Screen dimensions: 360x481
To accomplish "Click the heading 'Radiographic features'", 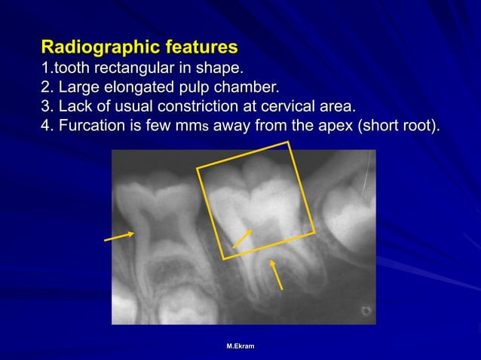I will [x=139, y=47].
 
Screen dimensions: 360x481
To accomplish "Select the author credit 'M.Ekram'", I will [x=240, y=346].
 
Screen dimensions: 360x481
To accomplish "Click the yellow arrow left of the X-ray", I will [x=119, y=237].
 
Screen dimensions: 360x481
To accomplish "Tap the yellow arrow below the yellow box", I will [x=277, y=274].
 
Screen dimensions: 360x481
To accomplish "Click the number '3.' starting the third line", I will [x=47, y=105].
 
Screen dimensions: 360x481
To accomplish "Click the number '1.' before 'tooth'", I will [x=46, y=67].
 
